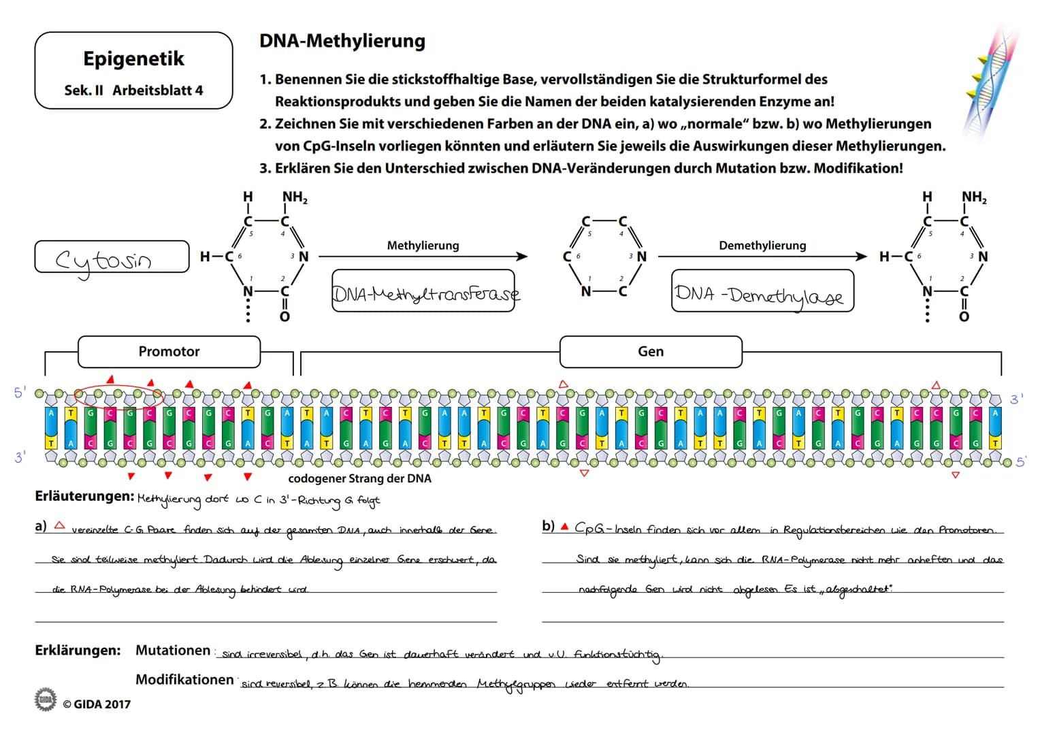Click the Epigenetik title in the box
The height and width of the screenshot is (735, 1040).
[x=133, y=59]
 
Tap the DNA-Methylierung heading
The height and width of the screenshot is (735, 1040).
[x=342, y=41]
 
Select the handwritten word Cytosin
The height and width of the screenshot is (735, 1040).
[x=103, y=259]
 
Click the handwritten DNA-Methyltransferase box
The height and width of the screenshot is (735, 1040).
[x=423, y=293]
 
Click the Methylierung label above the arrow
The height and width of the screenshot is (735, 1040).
[x=423, y=245]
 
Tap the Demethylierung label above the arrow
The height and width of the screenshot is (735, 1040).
[x=762, y=245]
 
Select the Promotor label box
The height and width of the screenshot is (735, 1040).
[x=169, y=351]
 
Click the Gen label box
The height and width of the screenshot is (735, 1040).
[x=650, y=351]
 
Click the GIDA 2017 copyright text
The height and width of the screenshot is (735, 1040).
[x=96, y=704]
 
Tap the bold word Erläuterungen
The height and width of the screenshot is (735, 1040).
[x=84, y=496]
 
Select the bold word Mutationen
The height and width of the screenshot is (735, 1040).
[x=173, y=650]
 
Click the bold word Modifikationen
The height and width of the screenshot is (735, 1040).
[x=184, y=679]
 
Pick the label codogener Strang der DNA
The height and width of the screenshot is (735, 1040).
[x=359, y=478]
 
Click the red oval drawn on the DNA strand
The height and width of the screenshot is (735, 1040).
[x=120, y=393]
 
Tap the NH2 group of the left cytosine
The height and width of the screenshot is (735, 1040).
[x=294, y=197]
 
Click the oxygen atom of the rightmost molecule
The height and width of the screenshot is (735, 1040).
[x=964, y=316]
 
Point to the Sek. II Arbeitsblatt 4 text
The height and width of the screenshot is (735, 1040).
[x=133, y=90]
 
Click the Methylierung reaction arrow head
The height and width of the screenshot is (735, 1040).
[x=523, y=257]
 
